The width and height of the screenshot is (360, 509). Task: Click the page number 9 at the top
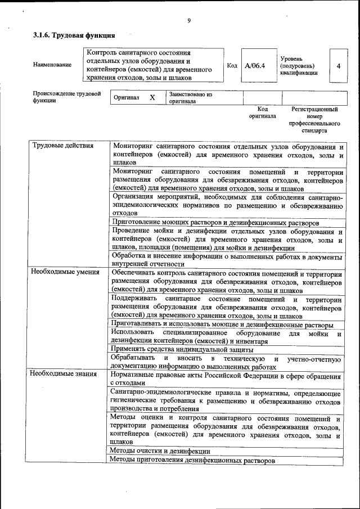(x=189, y=21)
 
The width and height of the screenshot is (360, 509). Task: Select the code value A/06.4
(x=255, y=66)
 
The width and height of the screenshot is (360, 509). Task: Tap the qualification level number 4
(x=338, y=66)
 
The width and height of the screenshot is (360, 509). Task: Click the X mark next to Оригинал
(x=152, y=97)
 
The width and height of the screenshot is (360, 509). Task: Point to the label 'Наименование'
(x=52, y=65)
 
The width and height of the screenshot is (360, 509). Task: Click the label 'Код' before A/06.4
(x=232, y=66)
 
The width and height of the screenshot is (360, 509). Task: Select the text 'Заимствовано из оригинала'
(x=190, y=98)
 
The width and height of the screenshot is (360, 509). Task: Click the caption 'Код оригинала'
(x=263, y=112)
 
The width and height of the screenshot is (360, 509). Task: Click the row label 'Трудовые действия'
(x=55, y=146)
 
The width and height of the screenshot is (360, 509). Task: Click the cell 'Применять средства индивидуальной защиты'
(x=182, y=349)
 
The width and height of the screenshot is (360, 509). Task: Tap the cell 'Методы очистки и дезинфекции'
(x=160, y=451)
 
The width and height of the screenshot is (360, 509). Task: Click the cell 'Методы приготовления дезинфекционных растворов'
(x=192, y=461)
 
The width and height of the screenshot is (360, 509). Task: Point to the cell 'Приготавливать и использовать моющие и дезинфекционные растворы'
(x=222, y=325)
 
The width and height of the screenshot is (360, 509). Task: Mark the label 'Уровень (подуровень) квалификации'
(x=299, y=65)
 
